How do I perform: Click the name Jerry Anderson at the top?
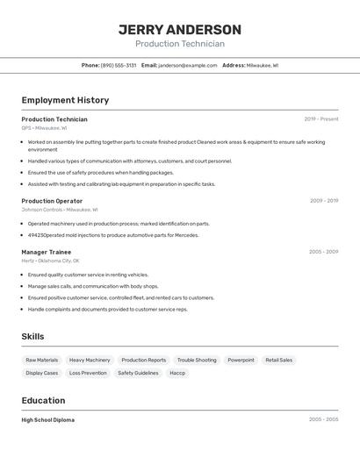pos(179,30)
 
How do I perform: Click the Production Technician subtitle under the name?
pos(179,44)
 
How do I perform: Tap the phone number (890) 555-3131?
pos(119,65)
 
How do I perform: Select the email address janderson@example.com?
pos(188,65)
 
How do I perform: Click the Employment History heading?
pos(65,100)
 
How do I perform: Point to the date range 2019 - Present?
pos(320,119)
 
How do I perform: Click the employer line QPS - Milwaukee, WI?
pos(44,128)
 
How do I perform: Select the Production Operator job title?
pos(52,201)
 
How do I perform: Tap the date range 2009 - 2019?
pos(323,201)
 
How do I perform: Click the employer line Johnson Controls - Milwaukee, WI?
pos(60,210)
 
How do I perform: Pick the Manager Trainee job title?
pos(47,252)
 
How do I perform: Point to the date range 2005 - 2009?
pos(323,252)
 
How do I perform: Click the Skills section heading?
pos(32,336)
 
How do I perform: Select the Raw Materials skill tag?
pos(42,360)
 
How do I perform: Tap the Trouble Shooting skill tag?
pos(197,360)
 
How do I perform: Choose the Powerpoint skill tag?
pos(241,360)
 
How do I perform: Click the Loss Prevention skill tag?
pos(88,373)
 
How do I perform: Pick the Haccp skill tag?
pos(177,373)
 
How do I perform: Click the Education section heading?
pos(43,400)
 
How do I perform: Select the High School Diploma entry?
pos(48,420)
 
